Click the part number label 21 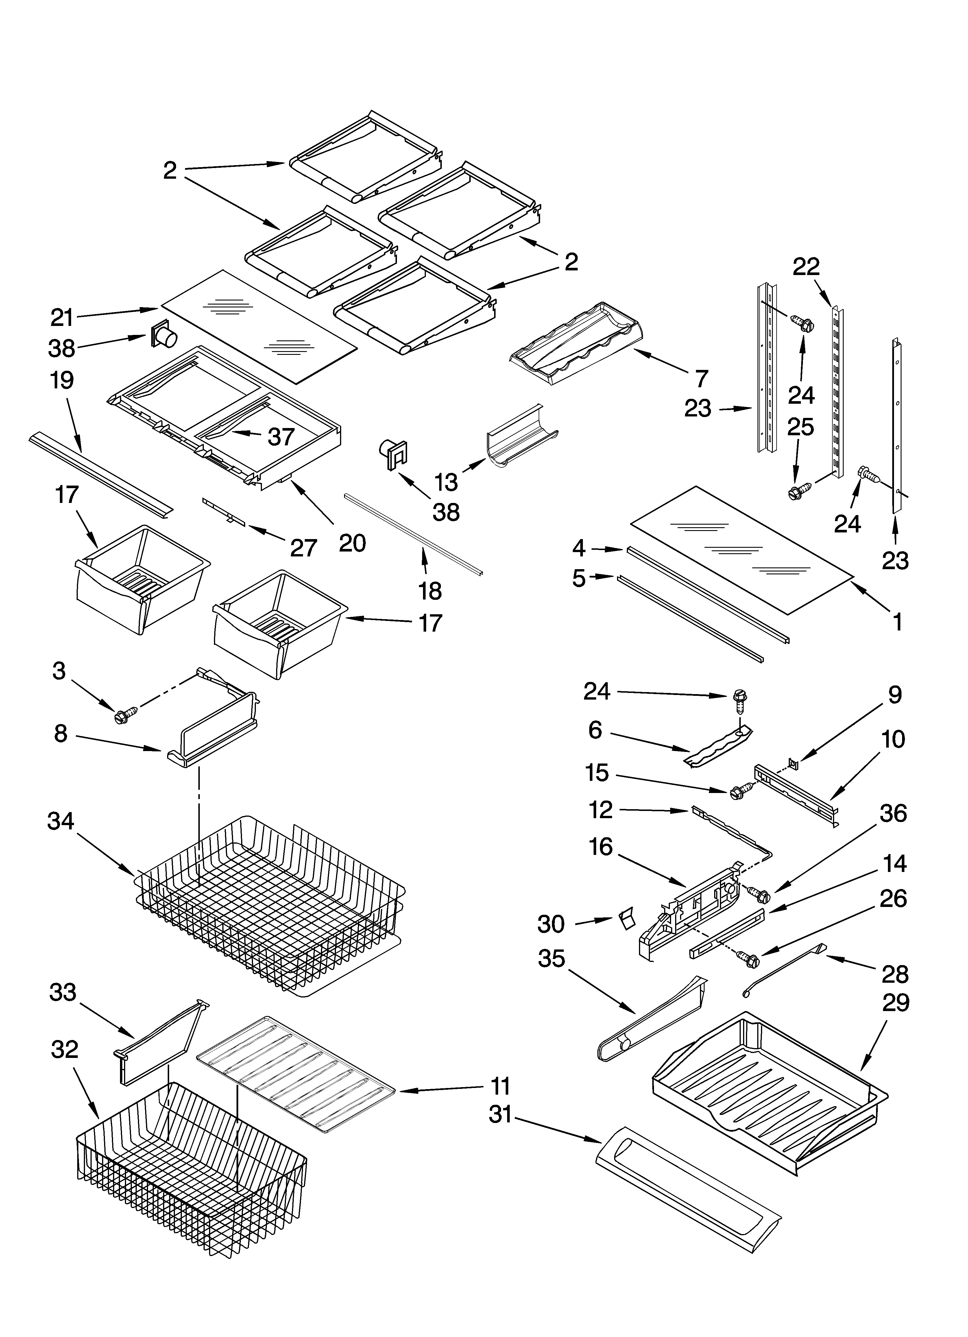click(x=62, y=319)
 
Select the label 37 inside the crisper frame click(x=281, y=437)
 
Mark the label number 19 click(x=62, y=380)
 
